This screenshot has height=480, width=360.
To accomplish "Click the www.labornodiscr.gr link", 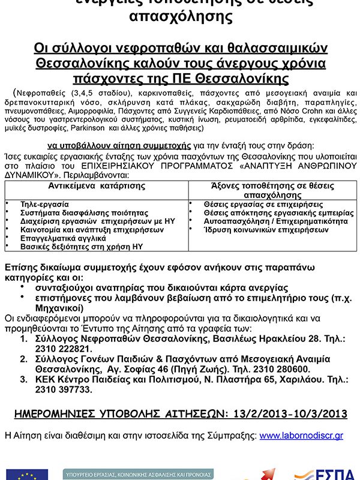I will [301, 436].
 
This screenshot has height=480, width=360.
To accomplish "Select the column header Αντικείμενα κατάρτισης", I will [97, 186].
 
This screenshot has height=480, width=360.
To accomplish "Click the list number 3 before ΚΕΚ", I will [23, 379].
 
